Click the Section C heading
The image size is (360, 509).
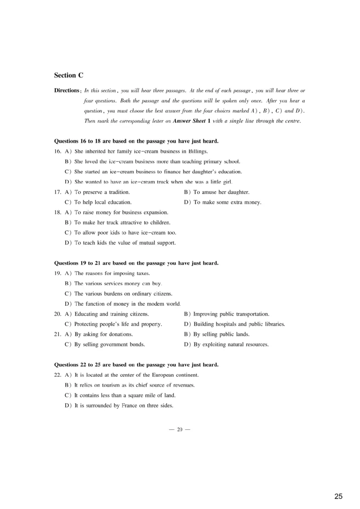point(68,75)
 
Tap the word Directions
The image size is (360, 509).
point(67,90)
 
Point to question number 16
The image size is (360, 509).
point(58,151)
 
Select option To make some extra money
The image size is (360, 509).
point(227,202)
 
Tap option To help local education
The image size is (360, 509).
point(103,202)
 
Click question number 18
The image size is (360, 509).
point(58,212)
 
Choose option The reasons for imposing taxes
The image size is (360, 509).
point(112,273)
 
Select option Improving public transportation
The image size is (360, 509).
point(231,314)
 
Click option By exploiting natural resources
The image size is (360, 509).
point(230,344)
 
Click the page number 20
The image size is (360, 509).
point(180,429)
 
